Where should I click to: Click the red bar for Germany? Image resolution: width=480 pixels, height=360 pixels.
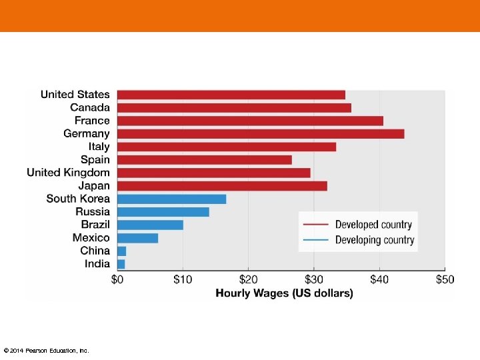coord(260,133)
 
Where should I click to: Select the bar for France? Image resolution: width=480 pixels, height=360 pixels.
coord(250,121)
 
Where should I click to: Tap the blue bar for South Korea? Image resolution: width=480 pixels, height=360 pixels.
coord(171,199)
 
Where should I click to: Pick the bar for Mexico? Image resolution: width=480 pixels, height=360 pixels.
coord(137,238)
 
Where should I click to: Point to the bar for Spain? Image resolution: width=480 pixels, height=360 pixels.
coord(204,160)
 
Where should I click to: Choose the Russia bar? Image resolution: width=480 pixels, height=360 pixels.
coord(163,212)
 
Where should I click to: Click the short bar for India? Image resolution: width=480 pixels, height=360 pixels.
coord(121,264)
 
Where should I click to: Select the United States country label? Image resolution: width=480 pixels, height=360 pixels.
coord(75,95)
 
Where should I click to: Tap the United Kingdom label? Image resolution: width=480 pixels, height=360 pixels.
coord(68,173)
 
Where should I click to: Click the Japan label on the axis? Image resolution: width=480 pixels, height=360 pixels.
coord(93,186)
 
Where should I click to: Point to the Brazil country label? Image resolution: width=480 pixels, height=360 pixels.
coord(95,225)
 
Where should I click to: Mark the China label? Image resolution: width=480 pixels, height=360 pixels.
coord(95,251)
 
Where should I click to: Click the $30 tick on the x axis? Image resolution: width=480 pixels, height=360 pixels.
coord(313,279)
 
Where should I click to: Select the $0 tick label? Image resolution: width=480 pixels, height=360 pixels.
coord(117,279)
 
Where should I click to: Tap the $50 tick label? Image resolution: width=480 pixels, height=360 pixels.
coord(444,279)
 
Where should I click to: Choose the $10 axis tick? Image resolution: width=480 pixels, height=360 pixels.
coord(183,279)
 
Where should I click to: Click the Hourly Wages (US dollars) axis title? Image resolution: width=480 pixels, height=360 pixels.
coord(284,293)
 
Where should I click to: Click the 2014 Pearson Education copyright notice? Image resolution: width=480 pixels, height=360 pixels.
coord(46,351)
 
